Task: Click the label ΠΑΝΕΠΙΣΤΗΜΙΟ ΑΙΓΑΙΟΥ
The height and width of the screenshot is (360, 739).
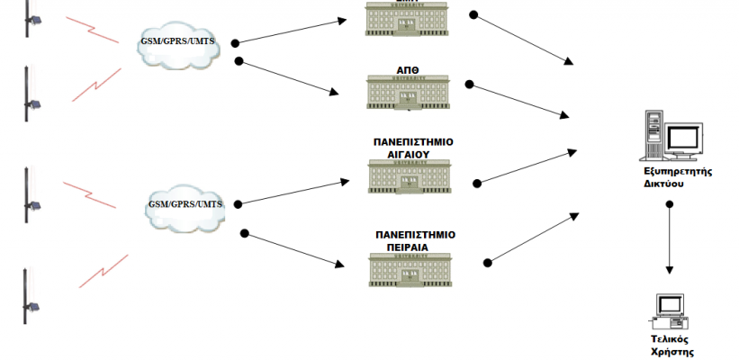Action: pos(413,148)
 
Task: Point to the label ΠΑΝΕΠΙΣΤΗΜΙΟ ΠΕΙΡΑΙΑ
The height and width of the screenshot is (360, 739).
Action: pos(415,239)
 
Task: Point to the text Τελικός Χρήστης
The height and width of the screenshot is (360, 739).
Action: pos(671,346)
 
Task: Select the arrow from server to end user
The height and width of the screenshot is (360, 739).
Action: pos(669,238)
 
